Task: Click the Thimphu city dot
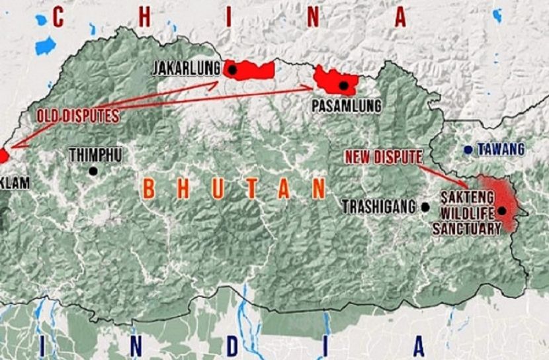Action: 93,171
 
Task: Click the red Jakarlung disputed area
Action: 255,70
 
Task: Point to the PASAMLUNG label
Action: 347,105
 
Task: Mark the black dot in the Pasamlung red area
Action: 343,85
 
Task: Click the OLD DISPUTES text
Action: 78,116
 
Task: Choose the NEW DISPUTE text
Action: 383,157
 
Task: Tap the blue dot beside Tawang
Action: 468,150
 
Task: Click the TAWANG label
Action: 501,149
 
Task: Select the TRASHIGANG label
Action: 380,206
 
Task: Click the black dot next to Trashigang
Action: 425,207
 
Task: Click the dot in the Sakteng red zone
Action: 502,211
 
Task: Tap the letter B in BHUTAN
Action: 149,189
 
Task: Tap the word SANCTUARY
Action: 466,229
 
